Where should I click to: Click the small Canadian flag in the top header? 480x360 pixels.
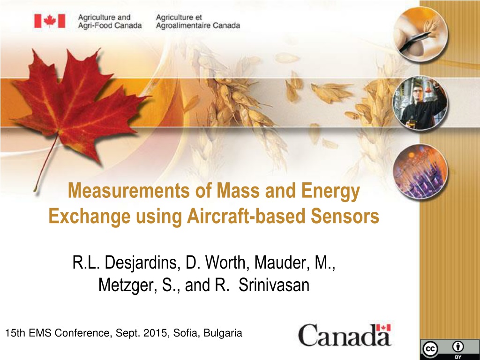pos(50,21)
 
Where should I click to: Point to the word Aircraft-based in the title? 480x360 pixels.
pos(246,216)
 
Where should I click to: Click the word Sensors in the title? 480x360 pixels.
pos(345,216)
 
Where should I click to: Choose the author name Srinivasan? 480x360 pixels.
pos(274,285)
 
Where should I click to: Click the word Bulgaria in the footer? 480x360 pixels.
pos(223,333)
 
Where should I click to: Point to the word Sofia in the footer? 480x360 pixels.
pos(186,333)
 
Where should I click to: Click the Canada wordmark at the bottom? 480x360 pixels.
pos(345,335)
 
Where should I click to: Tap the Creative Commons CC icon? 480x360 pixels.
pos(430,349)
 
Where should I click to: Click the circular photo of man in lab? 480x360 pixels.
pos(420,103)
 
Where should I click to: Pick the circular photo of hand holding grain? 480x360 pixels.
pos(420,35)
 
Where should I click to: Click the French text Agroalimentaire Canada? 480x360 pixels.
pos(198,26)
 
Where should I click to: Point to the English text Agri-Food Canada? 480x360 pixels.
pos(110,26)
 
